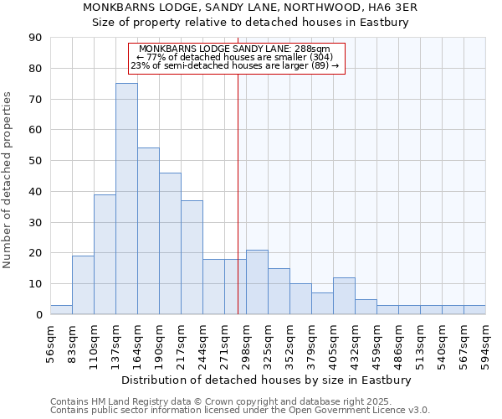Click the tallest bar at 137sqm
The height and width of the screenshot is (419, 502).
pyautogui.click(x=126, y=199)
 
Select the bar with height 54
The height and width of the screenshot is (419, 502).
pyautogui.click(x=148, y=231)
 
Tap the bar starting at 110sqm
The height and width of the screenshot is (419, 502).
pyautogui.click(x=105, y=254)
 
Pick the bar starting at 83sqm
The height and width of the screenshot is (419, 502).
pyautogui.click(x=83, y=285)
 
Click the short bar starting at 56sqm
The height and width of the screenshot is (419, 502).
pyautogui.click(x=61, y=310)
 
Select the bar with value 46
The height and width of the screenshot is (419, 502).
pyautogui.click(x=170, y=243)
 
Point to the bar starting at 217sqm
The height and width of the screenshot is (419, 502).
pyautogui.click(x=192, y=257)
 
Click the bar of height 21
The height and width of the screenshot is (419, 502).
pyautogui.click(x=257, y=282)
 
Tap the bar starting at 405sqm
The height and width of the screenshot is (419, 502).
pyautogui.click(x=344, y=296)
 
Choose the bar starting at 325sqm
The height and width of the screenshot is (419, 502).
pyautogui.click(x=279, y=292)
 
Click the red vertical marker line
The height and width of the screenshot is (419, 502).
pyautogui.click(x=238, y=193)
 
